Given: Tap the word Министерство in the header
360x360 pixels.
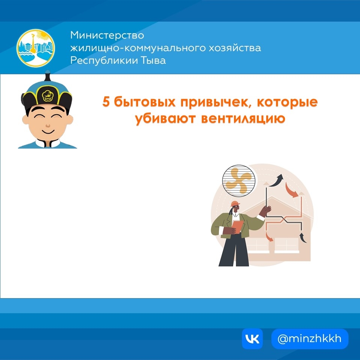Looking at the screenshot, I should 107,36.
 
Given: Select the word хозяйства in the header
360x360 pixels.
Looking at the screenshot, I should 234,48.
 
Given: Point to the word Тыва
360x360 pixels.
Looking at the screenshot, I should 152,60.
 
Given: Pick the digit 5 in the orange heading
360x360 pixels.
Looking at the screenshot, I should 107,102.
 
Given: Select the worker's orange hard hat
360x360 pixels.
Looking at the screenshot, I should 235,204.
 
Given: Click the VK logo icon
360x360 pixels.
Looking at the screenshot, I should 252,339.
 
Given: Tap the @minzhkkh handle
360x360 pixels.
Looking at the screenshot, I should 310,339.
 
